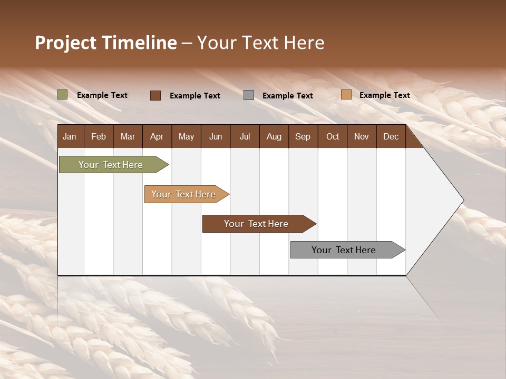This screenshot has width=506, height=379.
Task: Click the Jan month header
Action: pos(70,136)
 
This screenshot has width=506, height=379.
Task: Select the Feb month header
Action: pos(99,136)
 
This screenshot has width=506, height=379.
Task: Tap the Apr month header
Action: pos(157,136)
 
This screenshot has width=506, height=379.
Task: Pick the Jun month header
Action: pos(216,136)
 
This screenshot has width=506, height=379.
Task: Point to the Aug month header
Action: pos(274,136)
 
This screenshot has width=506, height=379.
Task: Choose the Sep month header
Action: pos(303,136)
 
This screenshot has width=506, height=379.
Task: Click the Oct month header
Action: pos(333,136)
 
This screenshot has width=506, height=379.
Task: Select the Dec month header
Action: pos(391,136)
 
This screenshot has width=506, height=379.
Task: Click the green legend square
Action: pos(63,95)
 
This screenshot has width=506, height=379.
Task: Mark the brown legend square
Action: pos(155,95)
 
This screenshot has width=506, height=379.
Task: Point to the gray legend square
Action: pos(249,95)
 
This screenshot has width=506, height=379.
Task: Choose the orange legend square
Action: pos(346,95)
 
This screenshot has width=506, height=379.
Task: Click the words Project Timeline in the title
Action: pos(106,43)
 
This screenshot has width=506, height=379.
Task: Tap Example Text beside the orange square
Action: pos(384,95)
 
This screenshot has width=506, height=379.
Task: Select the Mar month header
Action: pos(128,136)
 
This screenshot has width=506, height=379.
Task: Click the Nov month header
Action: pos(362,136)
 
